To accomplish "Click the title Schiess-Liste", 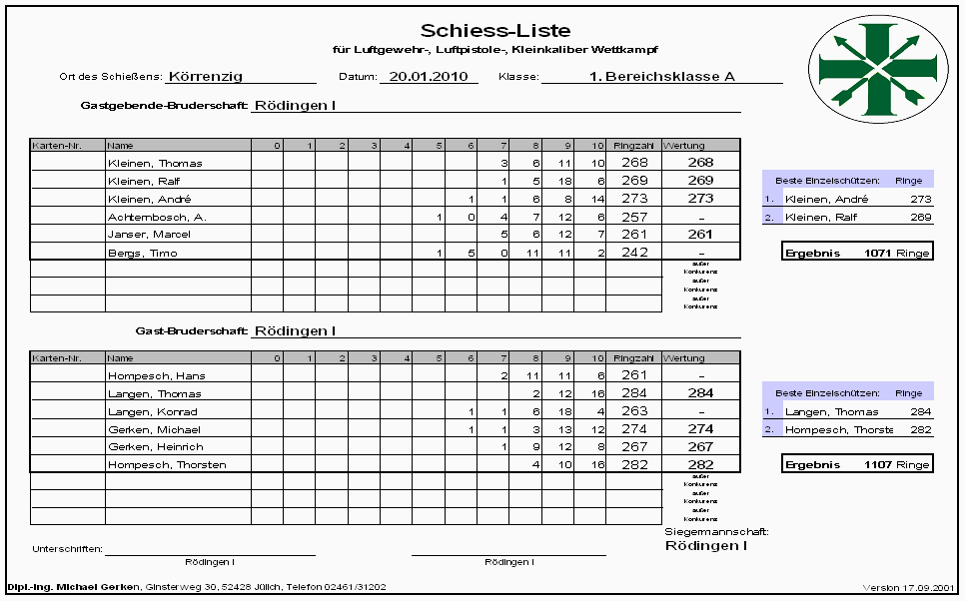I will (495, 31).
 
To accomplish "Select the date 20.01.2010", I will (429, 76).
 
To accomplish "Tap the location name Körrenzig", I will (205, 76).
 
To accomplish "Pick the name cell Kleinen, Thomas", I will (154, 163).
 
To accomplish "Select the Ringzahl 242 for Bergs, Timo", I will (634, 253).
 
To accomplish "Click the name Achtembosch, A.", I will (156, 217).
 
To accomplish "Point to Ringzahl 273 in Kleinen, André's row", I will (634, 199).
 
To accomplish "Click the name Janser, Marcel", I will (148, 235).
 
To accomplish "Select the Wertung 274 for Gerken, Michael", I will (700, 429).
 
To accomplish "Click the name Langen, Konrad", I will (152, 411).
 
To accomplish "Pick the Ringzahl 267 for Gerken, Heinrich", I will (634, 447).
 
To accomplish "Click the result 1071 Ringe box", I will (857, 254).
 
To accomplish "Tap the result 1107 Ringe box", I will (857, 465).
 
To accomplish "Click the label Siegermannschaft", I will (715, 532).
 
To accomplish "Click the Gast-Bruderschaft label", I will (191, 330).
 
